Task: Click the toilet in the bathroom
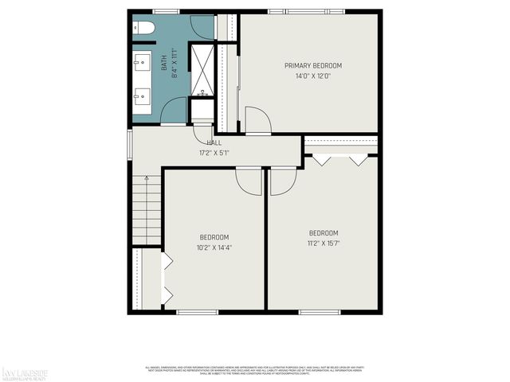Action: [143, 29]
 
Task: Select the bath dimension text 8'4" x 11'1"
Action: [172, 60]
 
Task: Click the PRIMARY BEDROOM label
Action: [313, 65]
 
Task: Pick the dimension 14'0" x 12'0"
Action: [313, 76]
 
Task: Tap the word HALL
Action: [214, 142]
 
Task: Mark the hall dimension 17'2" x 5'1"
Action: [214, 152]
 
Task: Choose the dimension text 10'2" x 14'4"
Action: [214, 248]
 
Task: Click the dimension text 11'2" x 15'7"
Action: [324, 243]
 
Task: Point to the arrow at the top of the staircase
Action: [147, 182]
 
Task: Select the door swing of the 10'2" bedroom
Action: [249, 182]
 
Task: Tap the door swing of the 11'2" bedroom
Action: [282, 184]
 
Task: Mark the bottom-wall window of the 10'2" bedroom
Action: [197, 311]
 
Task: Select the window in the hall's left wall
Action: [130, 146]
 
